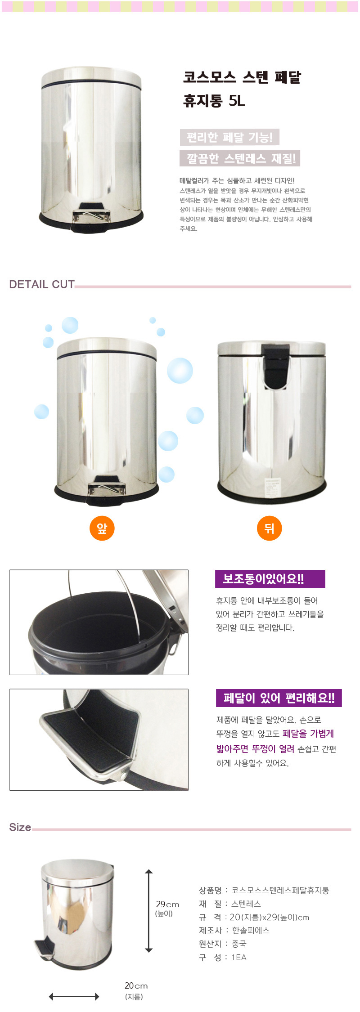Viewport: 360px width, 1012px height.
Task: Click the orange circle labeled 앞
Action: coord(102,528)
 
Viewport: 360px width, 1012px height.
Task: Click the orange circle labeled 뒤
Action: coord(269,528)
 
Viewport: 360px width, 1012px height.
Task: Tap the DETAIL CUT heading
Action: coord(42,284)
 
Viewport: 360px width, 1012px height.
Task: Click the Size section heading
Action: coord(20,827)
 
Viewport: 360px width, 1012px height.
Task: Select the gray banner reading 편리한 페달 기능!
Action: coord(229,137)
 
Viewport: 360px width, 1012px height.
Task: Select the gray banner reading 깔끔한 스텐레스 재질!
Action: coord(240,158)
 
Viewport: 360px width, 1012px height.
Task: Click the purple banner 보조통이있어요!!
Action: coord(270,579)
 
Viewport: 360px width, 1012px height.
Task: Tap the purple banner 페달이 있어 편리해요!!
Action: coord(279,698)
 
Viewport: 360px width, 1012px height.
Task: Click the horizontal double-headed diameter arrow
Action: coord(74,997)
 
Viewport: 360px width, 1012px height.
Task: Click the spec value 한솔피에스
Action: coord(251,931)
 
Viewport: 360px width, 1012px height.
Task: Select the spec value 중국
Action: coord(239,944)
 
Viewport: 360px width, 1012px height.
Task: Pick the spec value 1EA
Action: coord(239,958)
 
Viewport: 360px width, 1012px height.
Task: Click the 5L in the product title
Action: coord(237,100)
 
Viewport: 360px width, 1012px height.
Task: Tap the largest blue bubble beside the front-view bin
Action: coord(180,370)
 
